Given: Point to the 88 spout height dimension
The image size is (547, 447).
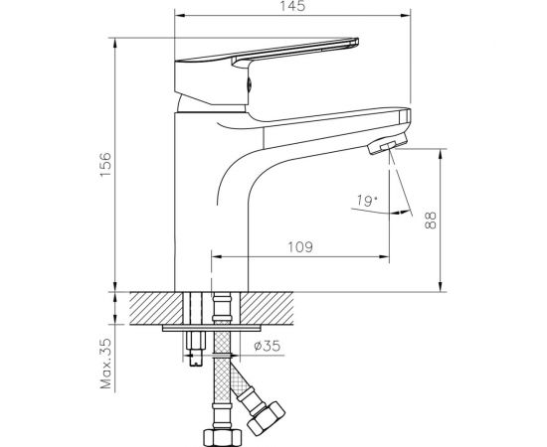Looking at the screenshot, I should click(x=430, y=220).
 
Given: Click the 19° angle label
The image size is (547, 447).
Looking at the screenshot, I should click(x=366, y=203).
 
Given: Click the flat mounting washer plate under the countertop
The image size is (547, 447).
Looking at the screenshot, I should click(x=214, y=327).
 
